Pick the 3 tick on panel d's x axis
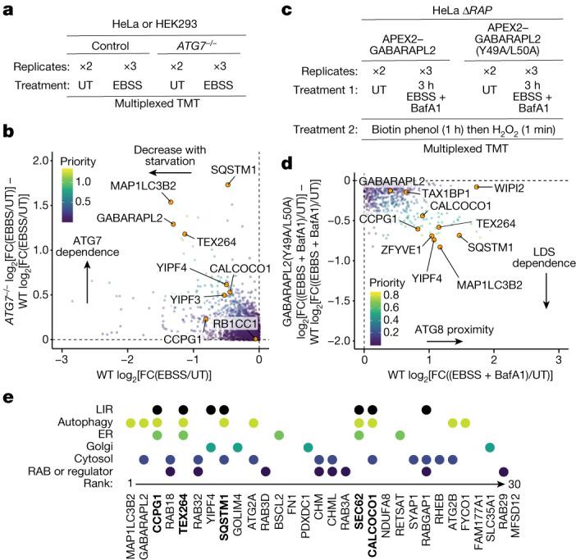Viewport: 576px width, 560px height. [558, 358]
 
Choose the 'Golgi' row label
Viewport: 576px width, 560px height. [103, 447]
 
